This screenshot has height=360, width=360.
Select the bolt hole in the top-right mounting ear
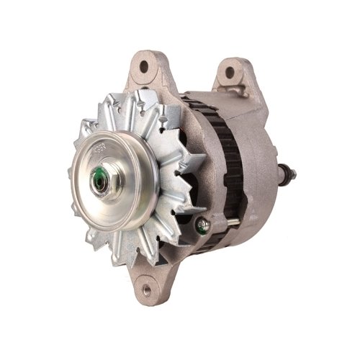point(230,72)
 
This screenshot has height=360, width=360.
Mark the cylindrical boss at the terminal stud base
point(281,173)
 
